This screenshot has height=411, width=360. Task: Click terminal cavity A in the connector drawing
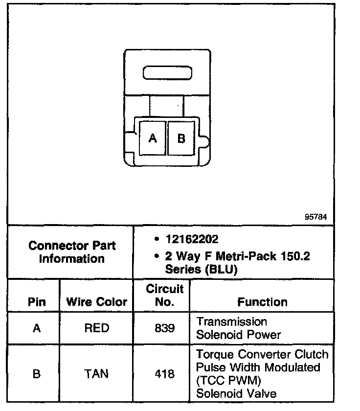click(x=152, y=138)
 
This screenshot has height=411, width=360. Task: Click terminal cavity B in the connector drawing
click(x=181, y=138)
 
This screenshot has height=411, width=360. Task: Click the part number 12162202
click(x=192, y=239)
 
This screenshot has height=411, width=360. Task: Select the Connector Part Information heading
click(x=72, y=251)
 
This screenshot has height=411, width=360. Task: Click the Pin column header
click(x=37, y=302)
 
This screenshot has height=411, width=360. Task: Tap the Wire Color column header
click(x=96, y=302)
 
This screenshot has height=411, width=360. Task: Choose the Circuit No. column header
click(x=164, y=295)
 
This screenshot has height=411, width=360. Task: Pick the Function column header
click(x=262, y=302)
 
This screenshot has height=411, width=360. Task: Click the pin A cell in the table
click(x=37, y=328)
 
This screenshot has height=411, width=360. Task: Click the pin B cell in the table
click(x=37, y=374)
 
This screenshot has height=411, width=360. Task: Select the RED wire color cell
click(x=96, y=328)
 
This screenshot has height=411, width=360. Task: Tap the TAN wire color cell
click(x=96, y=374)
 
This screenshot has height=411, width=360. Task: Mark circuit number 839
click(x=164, y=328)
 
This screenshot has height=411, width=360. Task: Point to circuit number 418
click(x=164, y=374)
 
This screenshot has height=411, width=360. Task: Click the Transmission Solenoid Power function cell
click(x=238, y=328)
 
